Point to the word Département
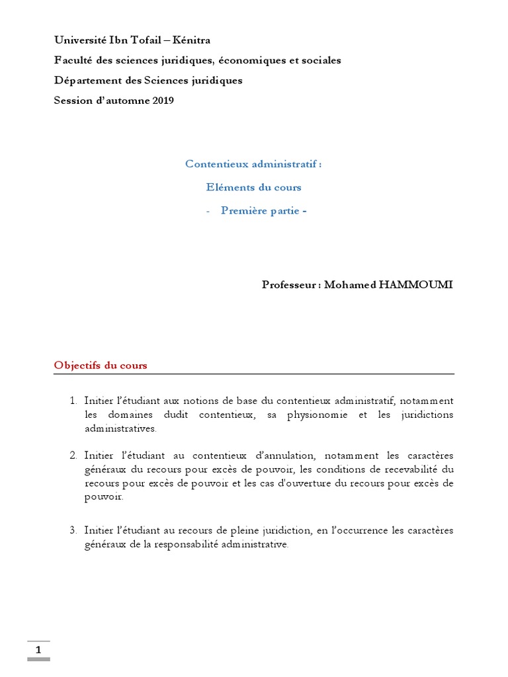point(84,81)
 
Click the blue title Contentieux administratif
point(253,164)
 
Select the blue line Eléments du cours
point(253,187)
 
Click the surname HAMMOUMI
point(416,285)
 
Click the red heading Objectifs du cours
point(101,365)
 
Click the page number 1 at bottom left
point(38,650)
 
